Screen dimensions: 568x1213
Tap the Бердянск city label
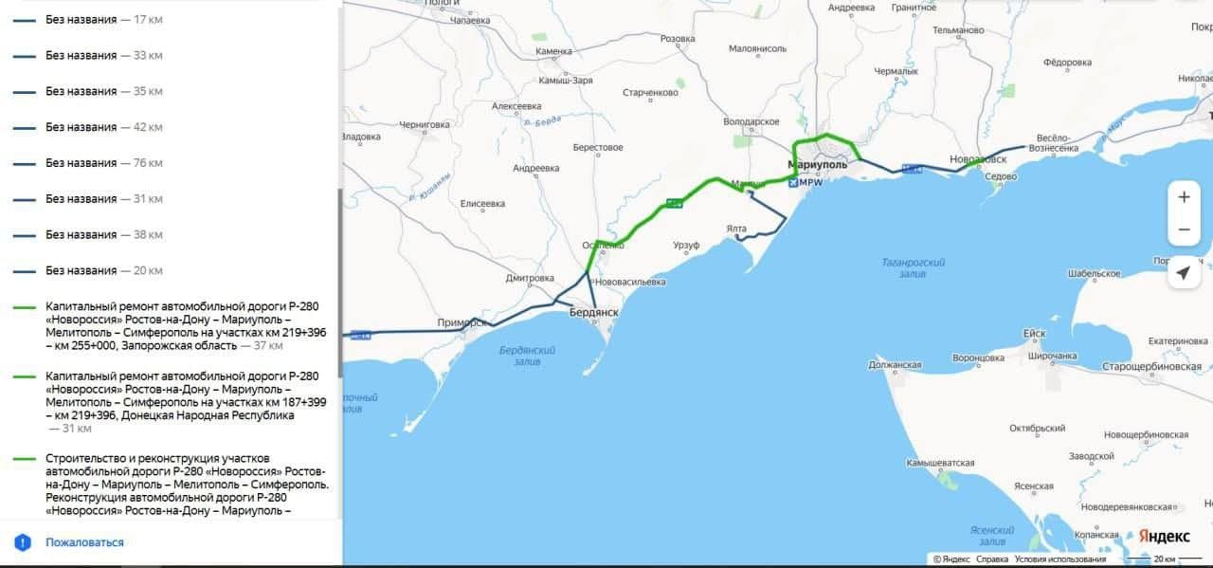pyautogui.click(x=593, y=312)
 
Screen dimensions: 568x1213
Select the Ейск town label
pyautogui.click(x=1034, y=334)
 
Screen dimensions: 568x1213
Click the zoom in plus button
pyautogui.click(x=1184, y=197)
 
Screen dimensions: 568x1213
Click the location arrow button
pyautogui.click(x=1184, y=273)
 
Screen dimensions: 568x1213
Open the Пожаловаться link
pyautogui.click(x=84, y=542)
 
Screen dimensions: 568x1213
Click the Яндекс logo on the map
pyautogui.click(x=1164, y=537)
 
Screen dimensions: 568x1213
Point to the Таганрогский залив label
pyautogui.click(x=913, y=267)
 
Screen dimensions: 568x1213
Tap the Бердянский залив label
pyautogui.click(x=527, y=356)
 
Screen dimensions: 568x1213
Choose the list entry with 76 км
pyautogui.click(x=104, y=163)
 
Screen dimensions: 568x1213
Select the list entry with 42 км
pyautogui.click(x=104, y=127)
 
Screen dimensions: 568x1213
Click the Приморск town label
pyautogui.click(x=462, y=322)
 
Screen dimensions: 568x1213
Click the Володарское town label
pyautogui.click(x=751, y=121)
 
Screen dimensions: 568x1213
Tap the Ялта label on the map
pyautogui.click(x=736, y=229)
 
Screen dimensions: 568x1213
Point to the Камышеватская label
pyautogui.click(x=940, y=463)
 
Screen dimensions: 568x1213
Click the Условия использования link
pyautogui.click(x=1060, y=559)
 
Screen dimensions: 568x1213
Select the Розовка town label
pyautogui.click(x=678, y=39)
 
